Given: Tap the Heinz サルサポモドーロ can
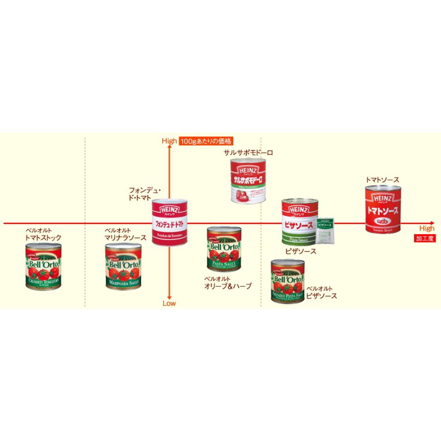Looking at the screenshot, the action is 249,181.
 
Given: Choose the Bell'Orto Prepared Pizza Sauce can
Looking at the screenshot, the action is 288,283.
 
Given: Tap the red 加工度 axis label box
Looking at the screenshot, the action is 424,239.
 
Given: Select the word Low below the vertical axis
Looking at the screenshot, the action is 169,303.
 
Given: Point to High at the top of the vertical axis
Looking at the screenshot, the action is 169,141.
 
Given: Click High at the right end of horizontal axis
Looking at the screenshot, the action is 426,228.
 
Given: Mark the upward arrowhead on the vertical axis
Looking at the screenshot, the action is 169,149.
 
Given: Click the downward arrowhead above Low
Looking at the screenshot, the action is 169,295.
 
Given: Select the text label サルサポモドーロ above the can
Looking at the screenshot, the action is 248,153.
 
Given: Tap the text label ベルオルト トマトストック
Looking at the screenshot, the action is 44,234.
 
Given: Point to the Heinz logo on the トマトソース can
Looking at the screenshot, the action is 383,198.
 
